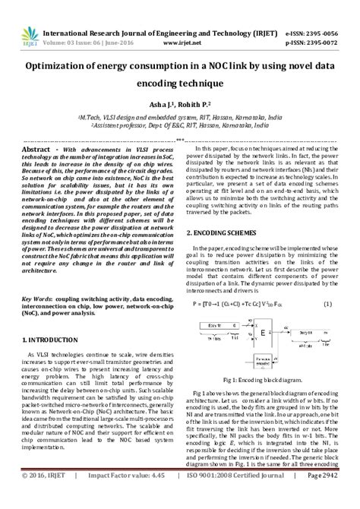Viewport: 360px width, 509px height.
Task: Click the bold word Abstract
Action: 36,150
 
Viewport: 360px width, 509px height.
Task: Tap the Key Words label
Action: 37,278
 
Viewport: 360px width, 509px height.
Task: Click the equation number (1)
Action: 327,283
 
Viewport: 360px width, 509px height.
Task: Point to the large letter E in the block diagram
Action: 263,311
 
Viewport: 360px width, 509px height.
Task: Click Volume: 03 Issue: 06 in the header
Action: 98,45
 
